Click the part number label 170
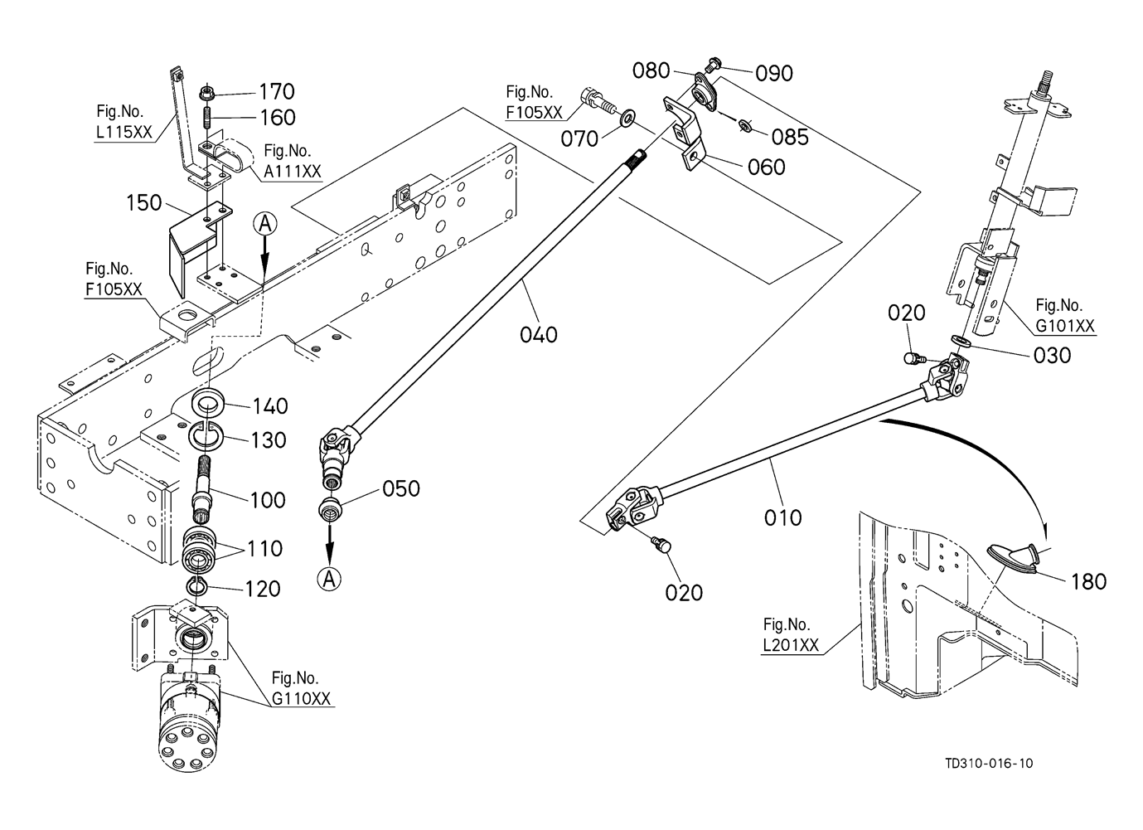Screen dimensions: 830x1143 coord(277,91)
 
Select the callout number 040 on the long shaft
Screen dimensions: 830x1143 coord(539,335)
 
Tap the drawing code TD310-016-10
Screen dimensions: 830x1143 coord(988,764)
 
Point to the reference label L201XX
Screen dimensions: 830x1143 coord(791,645)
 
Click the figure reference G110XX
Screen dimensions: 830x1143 coord(302,699)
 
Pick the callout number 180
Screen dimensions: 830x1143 coord(1088,581)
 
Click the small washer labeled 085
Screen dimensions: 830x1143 coord(745,125)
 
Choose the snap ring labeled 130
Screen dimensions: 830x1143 coord(207,434)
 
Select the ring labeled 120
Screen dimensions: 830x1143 coord(196,588)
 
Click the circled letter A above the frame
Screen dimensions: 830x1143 coord(264,223)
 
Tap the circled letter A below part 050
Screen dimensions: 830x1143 coord(330,579)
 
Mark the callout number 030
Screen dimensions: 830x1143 coord(1053,355)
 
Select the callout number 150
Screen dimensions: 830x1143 coord(144,202)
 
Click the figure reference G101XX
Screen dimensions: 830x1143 coord(1065,326)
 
